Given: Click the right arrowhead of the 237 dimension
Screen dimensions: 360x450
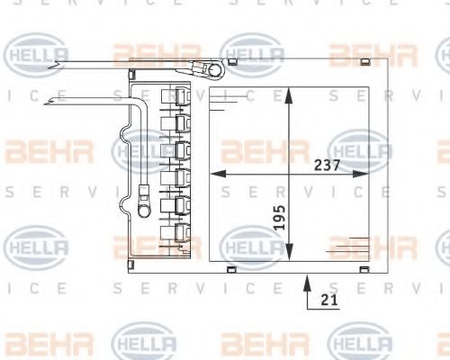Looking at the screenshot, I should pyautogui.click(x=369, y=173).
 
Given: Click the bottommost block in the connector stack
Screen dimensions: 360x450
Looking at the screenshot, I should pyautogui.click(x=176, y=236).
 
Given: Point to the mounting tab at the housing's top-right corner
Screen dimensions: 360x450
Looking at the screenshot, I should pyautogui.click(x=364, y=60).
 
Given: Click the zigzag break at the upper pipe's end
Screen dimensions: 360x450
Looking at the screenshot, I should pyautogui.click(x=58, y=63).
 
